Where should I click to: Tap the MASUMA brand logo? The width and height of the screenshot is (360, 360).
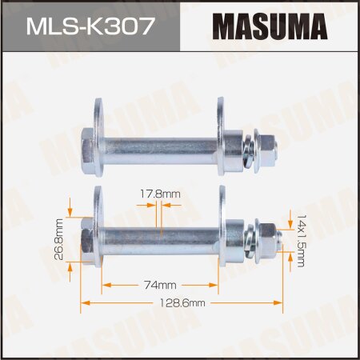(x=269, y=26)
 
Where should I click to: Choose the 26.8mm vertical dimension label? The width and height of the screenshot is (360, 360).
(x=59, y=238)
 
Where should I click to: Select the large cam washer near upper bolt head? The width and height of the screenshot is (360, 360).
(x=98, y=144)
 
